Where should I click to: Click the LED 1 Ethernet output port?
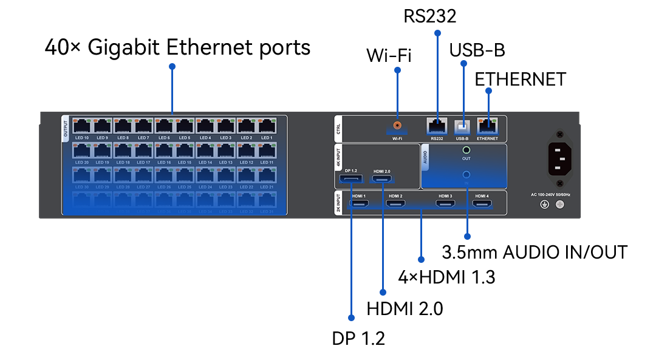coord(266,126)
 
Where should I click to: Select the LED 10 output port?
coord(82,126)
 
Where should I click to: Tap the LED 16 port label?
coord(164,162)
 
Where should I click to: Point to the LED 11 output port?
coord(266,151)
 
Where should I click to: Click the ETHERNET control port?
coord(487,126)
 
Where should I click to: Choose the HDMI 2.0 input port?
coord(382,180)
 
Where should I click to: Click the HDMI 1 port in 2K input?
coord(357,205)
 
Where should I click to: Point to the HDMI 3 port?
coord(446,205)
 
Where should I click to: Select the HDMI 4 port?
coord(482,205)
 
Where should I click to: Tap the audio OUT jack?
coord(466,149)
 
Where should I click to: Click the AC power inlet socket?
coord(560,158)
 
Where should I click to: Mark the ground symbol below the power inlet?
coord(544,205)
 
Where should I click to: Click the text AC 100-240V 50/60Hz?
coord(551,195)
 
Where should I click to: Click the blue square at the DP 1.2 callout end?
coord(350,318)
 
